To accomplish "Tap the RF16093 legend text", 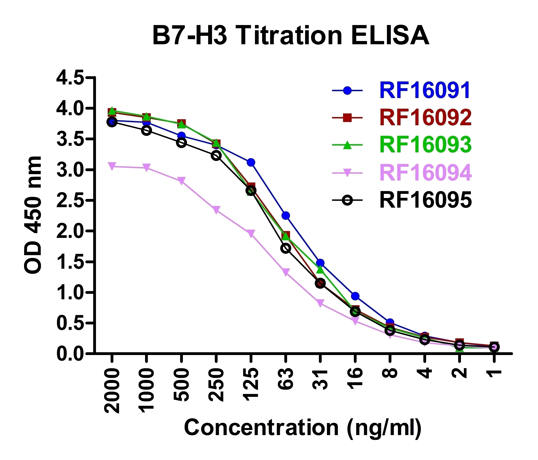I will [425, 145].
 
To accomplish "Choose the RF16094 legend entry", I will [425, 173].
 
